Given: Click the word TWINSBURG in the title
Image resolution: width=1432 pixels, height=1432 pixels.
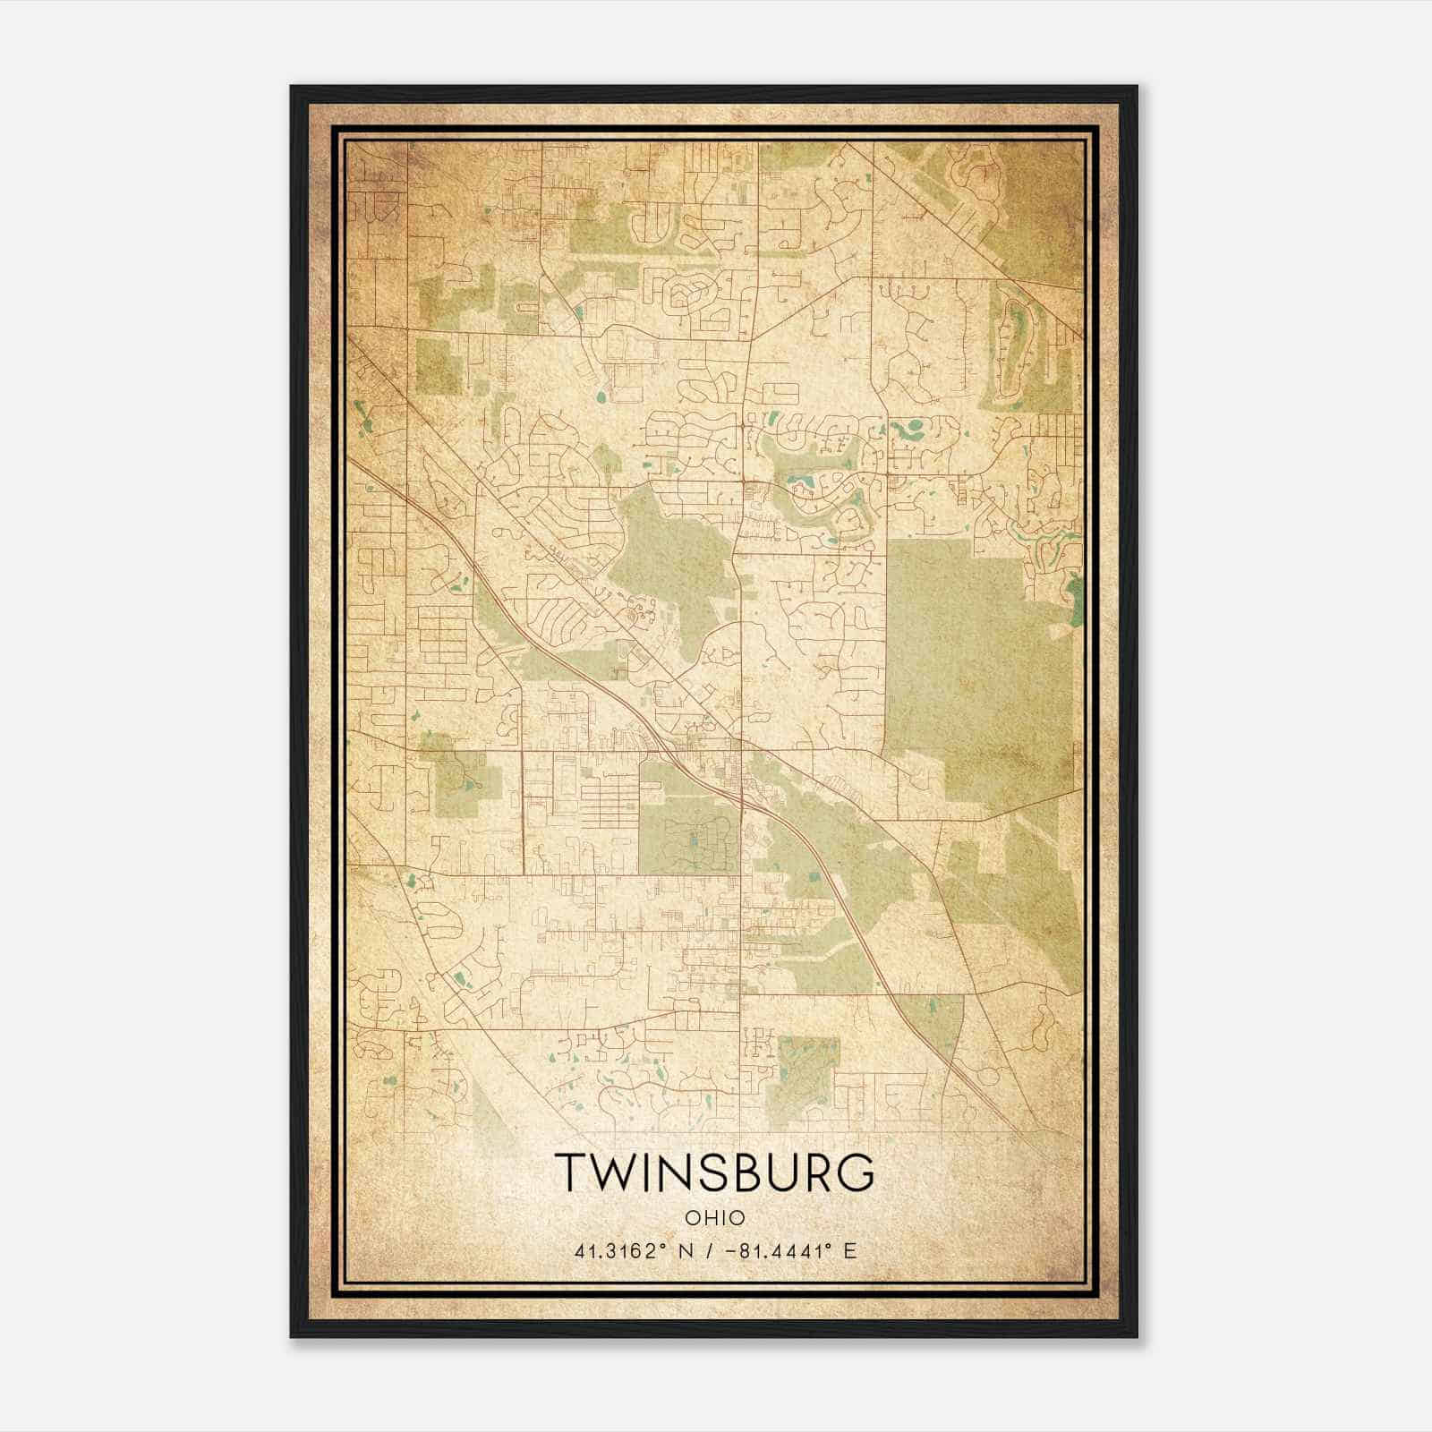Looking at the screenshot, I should pos(713,1172).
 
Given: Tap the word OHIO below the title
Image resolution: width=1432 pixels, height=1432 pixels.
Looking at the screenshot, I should pos(714,1217).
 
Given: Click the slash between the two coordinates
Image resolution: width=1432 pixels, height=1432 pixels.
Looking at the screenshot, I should pos(710,1250).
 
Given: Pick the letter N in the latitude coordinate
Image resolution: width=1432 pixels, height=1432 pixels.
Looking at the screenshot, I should pos(687,1250).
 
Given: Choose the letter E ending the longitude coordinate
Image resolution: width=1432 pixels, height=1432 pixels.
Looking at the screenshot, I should pos(849,1250).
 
